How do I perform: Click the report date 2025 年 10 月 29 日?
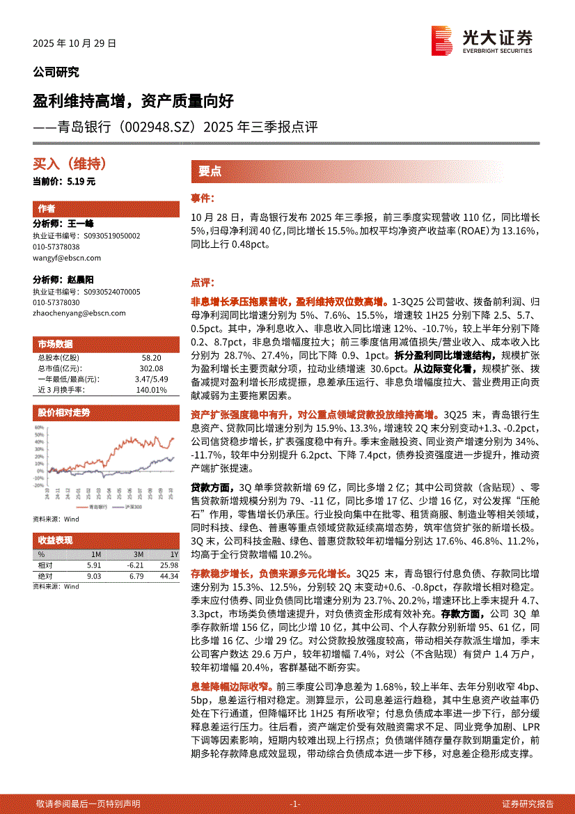coord(74,42)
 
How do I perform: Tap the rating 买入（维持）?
coord(70,164)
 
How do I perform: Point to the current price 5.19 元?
coord(81,181)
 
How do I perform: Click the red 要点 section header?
coord(210,171)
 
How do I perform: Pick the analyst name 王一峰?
coord(81,224)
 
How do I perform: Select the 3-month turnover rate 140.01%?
coord(152,390)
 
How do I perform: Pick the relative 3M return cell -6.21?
coord(135,565)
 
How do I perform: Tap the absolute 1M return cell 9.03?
coord(94,576)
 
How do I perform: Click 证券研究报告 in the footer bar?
coord(528,804)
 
